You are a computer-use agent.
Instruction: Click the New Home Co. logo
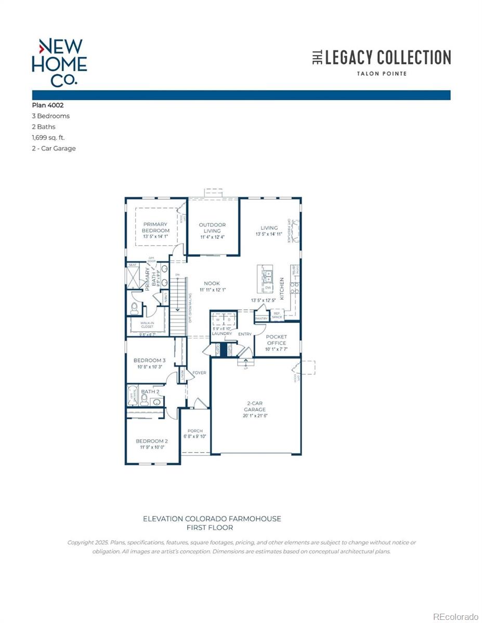click(x=59, y=62)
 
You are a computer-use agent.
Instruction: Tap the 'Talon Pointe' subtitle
click(x=382, y=74)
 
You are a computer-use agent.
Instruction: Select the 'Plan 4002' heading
click(x=48, y=105)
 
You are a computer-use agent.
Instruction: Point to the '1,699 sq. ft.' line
click(x=48, y=138)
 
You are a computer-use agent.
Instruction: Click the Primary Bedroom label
click(x=155, y=227)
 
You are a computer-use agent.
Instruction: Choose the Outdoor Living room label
click(x=212, y=228)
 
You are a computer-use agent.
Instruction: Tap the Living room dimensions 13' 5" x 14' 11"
click(x=269, y=235)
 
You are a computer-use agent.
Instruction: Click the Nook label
click(x=212, y=283)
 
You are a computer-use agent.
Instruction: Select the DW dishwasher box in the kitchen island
click(x=268, y=288)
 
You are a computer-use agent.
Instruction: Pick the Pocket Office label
click(x=276, y=340)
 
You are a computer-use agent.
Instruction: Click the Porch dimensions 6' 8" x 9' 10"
click(x=195, y=437)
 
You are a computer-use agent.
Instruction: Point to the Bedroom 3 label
click(x=149, y=360)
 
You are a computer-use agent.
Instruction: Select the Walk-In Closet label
click(x=147, y=324)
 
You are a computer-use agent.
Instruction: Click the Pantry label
click(x=262, y=319)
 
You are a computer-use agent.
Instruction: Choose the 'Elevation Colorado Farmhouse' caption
click(x=212, y=519)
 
